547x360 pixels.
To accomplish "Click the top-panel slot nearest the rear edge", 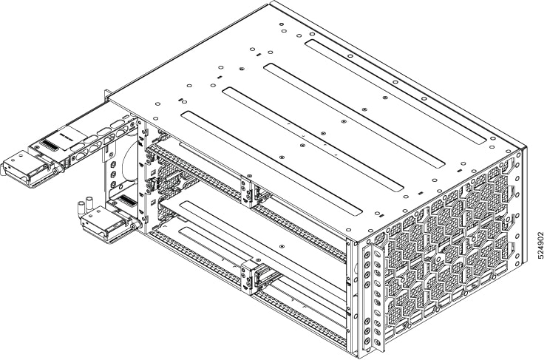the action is click(395, 92).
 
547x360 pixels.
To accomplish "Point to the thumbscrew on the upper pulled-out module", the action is click(56, 171).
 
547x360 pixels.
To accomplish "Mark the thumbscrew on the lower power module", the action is click(134, 226).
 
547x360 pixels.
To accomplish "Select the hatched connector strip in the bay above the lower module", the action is click(124, 200).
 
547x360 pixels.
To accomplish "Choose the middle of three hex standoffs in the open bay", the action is click(113, 174).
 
